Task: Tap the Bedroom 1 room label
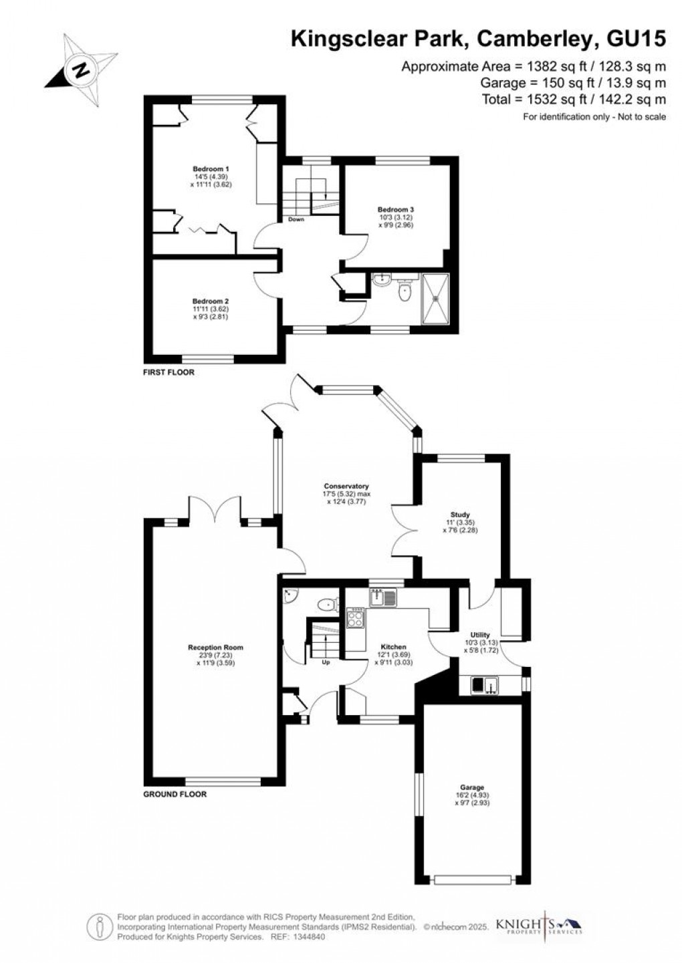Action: tap(211, 169)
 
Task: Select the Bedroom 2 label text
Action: tap(211, 301)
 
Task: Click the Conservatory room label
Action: tap(346, 486)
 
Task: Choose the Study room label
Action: tap(460, 515)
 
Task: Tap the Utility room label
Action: tap(480, 635)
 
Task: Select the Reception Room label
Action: tap(215, 648)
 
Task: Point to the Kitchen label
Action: tap(393, 647)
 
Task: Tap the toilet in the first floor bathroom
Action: tap(404, 292)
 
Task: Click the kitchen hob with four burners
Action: tap(356, 619)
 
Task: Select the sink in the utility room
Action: tap(484, 686)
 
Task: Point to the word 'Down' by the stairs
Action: tap(296, 219)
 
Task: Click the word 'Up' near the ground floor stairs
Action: tap(326, 663)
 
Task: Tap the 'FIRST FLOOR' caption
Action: tap(168, 372)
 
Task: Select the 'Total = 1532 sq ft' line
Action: tap(574, 100)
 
